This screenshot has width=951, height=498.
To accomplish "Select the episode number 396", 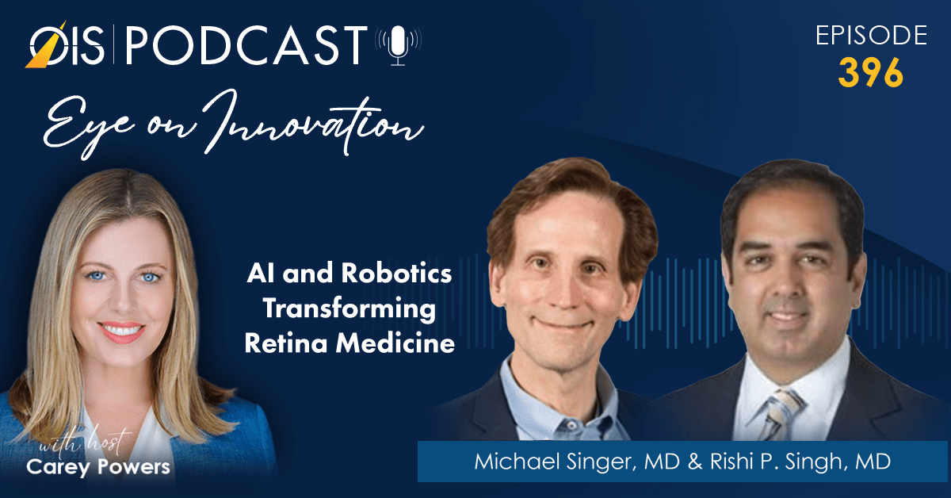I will pyautogui.click(x=870, y=73).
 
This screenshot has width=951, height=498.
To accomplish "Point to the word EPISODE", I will pyautogui.click(x=869, y=36).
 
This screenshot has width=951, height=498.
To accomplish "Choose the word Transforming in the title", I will pyautogui.click(x=349, y=308).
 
